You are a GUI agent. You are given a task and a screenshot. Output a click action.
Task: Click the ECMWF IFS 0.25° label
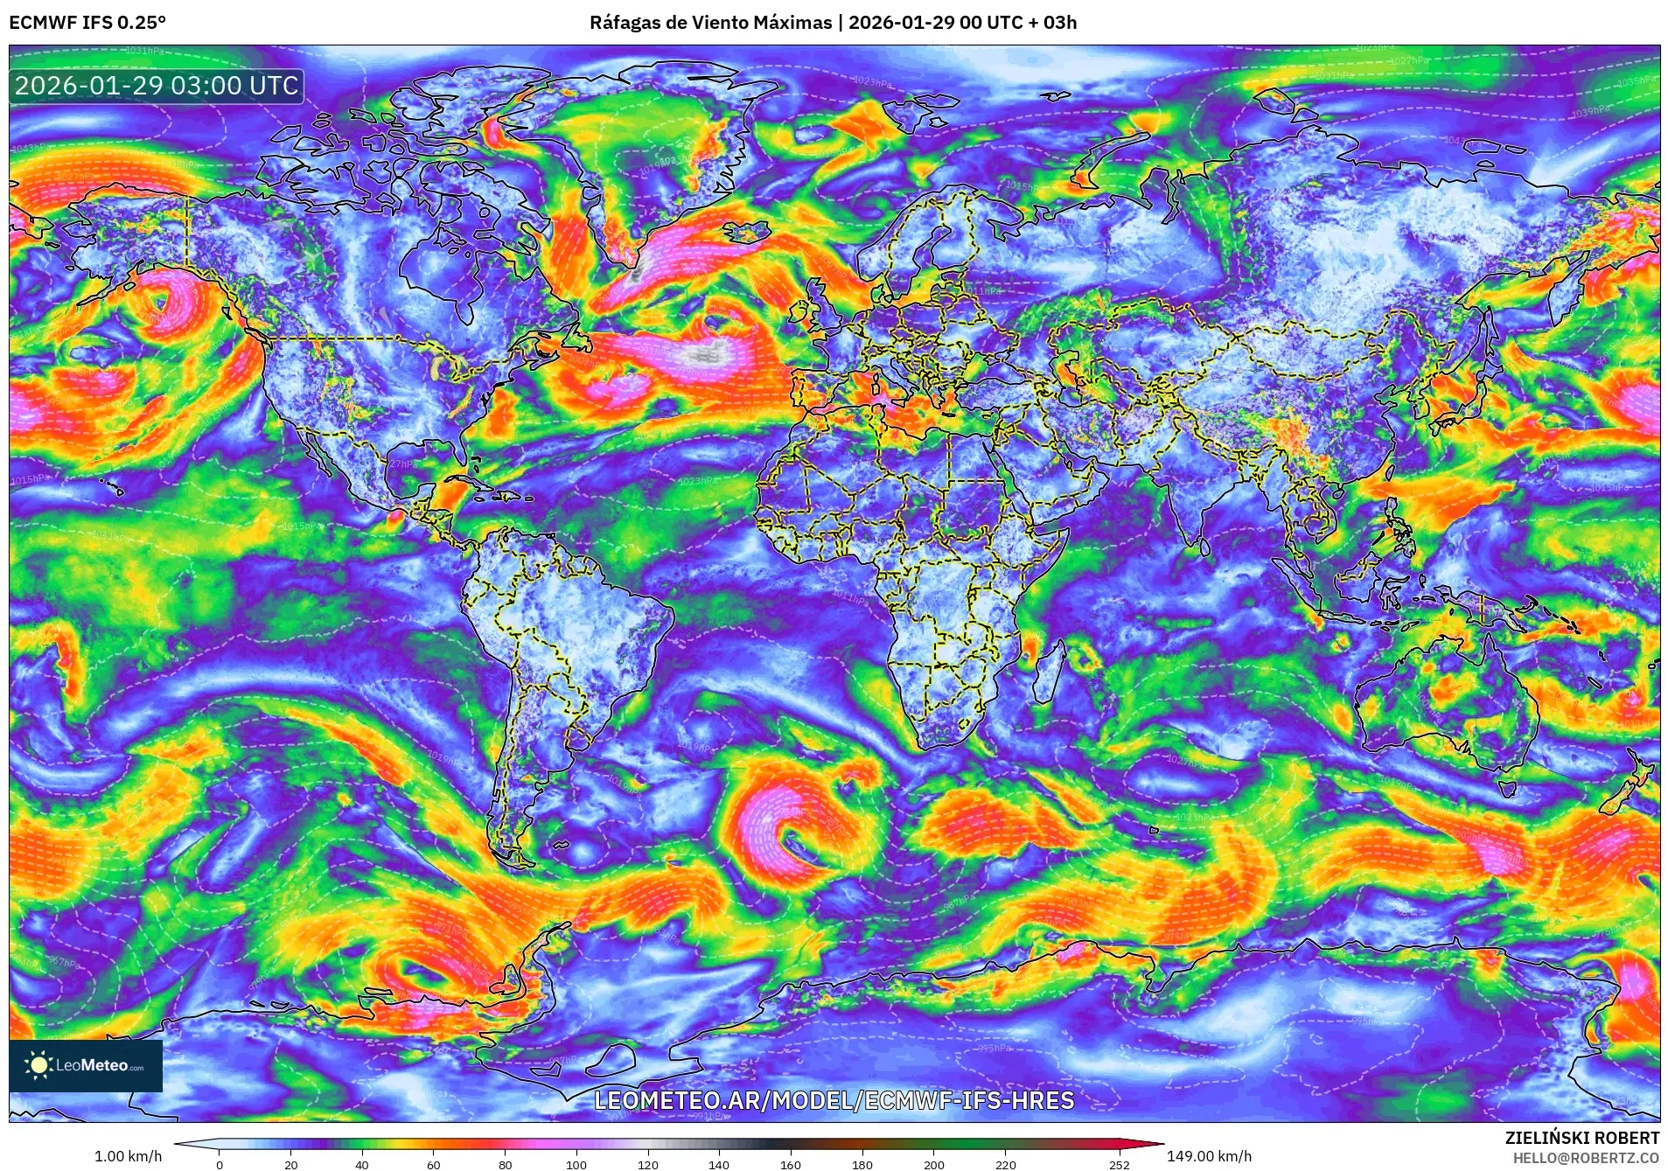pos(87,23)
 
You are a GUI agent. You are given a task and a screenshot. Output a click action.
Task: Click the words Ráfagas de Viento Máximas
pos(710,23)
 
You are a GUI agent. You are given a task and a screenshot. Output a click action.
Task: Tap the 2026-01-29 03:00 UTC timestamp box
pos(157,86)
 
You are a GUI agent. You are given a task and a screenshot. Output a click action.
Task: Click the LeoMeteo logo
pos(86,1065)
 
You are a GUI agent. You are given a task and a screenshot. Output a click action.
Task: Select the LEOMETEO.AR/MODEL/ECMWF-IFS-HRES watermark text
pos(834,1100)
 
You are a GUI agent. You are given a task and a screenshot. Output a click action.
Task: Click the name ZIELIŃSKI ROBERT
pos(1581,1138)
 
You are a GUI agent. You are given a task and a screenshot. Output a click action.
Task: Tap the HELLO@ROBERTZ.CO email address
pos(1586,1158)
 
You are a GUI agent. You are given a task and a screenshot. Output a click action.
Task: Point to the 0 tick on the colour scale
pos(220,1164)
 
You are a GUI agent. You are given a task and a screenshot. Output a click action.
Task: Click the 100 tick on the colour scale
pos(576,1164)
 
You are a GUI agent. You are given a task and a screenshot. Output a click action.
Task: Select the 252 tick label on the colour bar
pos(1120,1164)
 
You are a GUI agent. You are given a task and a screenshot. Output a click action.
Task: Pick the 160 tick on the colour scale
pos(790,1164)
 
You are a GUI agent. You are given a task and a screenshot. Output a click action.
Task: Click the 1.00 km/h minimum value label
pos(128,1156)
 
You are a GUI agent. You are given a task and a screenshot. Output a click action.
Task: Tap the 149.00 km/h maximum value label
pos(1209,1156)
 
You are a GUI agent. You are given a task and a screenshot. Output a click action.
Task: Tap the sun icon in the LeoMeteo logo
pos(38,1064)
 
